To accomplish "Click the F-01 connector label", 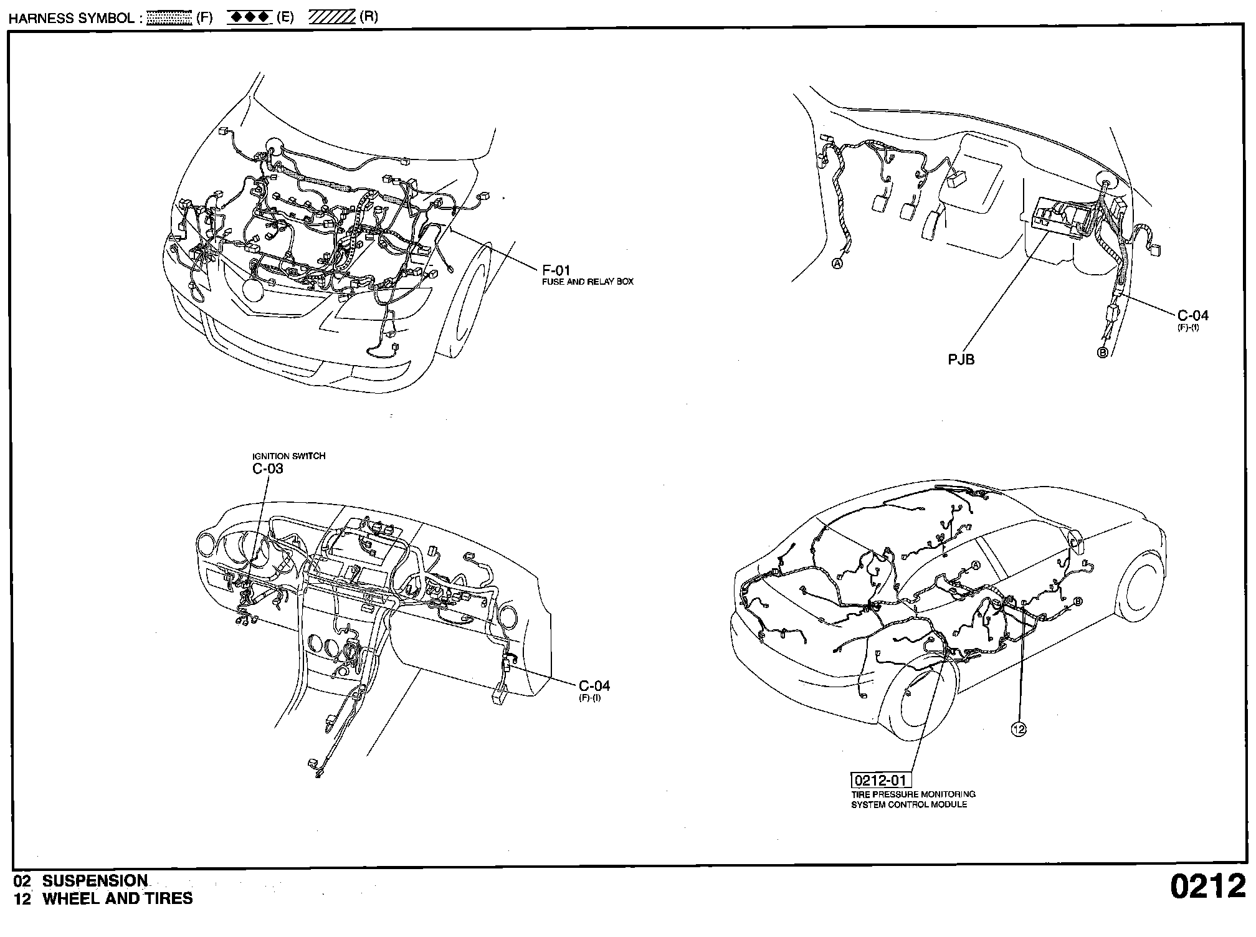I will pos(556,270).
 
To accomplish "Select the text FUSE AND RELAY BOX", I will pos(588,282).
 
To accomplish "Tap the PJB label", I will pos(961,359).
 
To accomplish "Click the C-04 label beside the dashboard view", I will pos(594,686).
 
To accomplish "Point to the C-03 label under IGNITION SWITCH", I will pos(268,468).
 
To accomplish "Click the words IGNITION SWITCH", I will pos(288,456).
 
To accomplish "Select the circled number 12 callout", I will pos(1019,729).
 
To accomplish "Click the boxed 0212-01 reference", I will pos(881,781).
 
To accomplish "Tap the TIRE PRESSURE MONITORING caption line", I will pos(913,794).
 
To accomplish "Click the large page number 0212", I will pos(1207,887).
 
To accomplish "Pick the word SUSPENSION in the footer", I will pos(95,881).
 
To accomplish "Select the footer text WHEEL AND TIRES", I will pos(118,898).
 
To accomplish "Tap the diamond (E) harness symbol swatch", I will pos(249,17).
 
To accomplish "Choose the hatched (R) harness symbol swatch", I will pos(332,17).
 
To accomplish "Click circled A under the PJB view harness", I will pos(837,264).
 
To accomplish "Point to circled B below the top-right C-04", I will pos(1102,353).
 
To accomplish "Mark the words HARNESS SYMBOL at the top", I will pos(71,18).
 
